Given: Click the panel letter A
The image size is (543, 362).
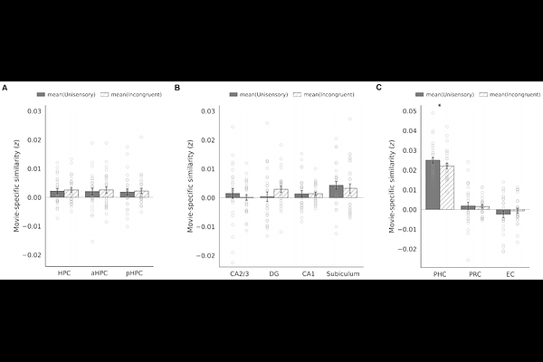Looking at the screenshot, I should [5, 88].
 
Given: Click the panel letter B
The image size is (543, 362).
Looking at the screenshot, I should [178, 88].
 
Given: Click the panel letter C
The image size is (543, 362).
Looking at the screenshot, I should [378, 88].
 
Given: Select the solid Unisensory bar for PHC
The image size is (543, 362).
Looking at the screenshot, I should [433, 185].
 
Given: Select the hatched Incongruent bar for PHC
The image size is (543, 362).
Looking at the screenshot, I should [447, 187].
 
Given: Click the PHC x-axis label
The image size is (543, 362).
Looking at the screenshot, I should [440, 271].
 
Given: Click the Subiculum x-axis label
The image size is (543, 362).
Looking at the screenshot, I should [343, 271].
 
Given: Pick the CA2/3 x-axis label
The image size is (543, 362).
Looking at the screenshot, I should [240, 271].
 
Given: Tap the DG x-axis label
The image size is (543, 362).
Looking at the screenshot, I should [273, 271].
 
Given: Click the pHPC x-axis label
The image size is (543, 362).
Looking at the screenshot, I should [133, 271].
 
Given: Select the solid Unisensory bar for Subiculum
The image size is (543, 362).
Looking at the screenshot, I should [336, 191].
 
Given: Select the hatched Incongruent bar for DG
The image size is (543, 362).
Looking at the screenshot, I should [281, 193].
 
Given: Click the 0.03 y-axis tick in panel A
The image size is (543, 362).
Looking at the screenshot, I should [34, 111].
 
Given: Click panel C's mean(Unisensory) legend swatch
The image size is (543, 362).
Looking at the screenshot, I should [421, 94].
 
